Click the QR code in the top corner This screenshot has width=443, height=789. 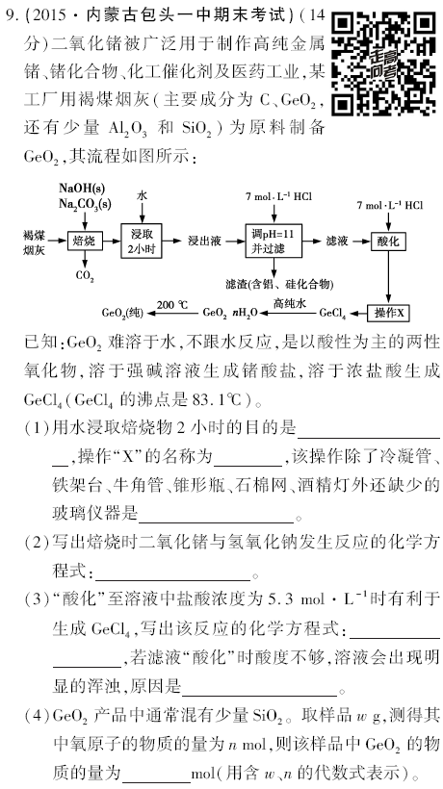click(x=384, y=63)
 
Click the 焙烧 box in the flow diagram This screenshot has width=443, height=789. click(x=85, y=241)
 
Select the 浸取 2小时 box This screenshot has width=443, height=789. click(x=142, y=241)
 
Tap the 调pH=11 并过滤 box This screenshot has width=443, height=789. click(x=274, y=241)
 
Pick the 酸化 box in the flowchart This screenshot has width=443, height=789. click(x=387, y=241)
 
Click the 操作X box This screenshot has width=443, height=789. click(x=388, y=313)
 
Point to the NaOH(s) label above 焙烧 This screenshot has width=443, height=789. click(x=82, y=189)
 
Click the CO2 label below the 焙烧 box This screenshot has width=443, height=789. click(x=85, y=275)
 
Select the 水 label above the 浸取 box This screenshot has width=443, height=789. click(x=142, y=196)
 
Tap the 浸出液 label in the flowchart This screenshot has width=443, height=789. click(x=205, y=241)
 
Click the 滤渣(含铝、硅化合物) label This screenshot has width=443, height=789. click(x=279, y=284)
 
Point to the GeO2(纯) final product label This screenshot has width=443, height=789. click(x=122, y=313)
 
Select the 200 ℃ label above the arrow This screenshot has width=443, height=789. click(x=171, y=304)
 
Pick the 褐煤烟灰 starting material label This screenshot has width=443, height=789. click(x=34, y=242)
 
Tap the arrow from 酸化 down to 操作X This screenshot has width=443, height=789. click(x=388, y=277)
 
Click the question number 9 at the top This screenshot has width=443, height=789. click(x=9, y=15)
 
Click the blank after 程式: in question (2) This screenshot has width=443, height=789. click(x=172, y=575)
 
